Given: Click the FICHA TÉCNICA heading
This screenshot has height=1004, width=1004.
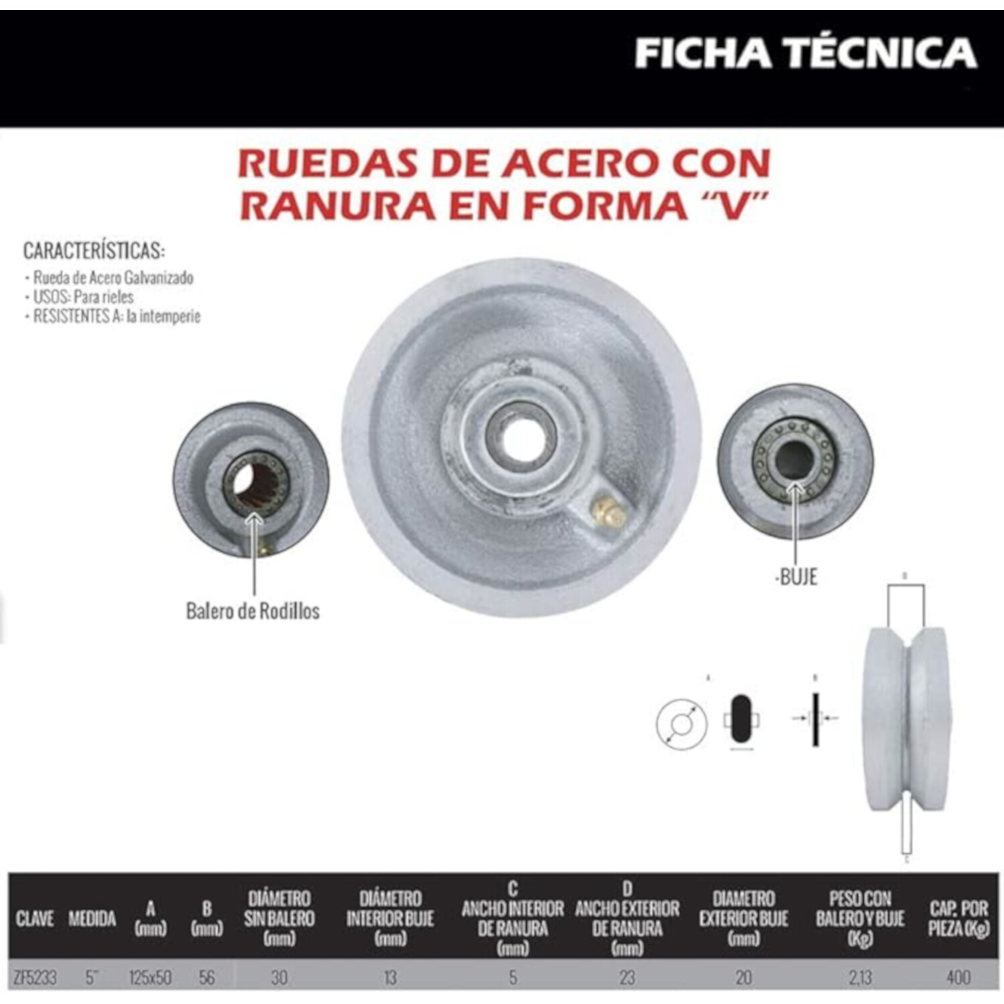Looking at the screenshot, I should click(x=805, y=53).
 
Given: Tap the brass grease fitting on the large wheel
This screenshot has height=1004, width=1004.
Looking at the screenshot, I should click(x=607, y=513).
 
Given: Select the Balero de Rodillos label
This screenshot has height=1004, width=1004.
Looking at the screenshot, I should click(x=252, y=611).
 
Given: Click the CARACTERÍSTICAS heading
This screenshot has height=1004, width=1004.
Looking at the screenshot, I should click(x=94, y=251).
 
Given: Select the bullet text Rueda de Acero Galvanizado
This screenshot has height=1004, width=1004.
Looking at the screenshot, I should click(x=113, y=278).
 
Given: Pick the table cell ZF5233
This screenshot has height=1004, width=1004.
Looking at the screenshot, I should click(x=35, y=978).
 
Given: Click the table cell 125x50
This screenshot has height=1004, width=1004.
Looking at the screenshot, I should click(x=150, y=978).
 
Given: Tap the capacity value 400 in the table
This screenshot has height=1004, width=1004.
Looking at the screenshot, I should click(x=958, y=978).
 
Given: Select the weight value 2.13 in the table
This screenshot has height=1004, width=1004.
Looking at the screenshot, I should click(x=860, y=978).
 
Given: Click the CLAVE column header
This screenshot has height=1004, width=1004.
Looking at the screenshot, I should click(x=35, y=918).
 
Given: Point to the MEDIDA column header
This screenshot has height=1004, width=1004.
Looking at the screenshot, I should click(x=92, y=918).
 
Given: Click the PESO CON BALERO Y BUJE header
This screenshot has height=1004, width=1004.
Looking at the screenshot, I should click(x=860, y=918).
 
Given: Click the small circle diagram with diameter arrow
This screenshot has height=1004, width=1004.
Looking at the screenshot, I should click(x=681, y=724).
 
